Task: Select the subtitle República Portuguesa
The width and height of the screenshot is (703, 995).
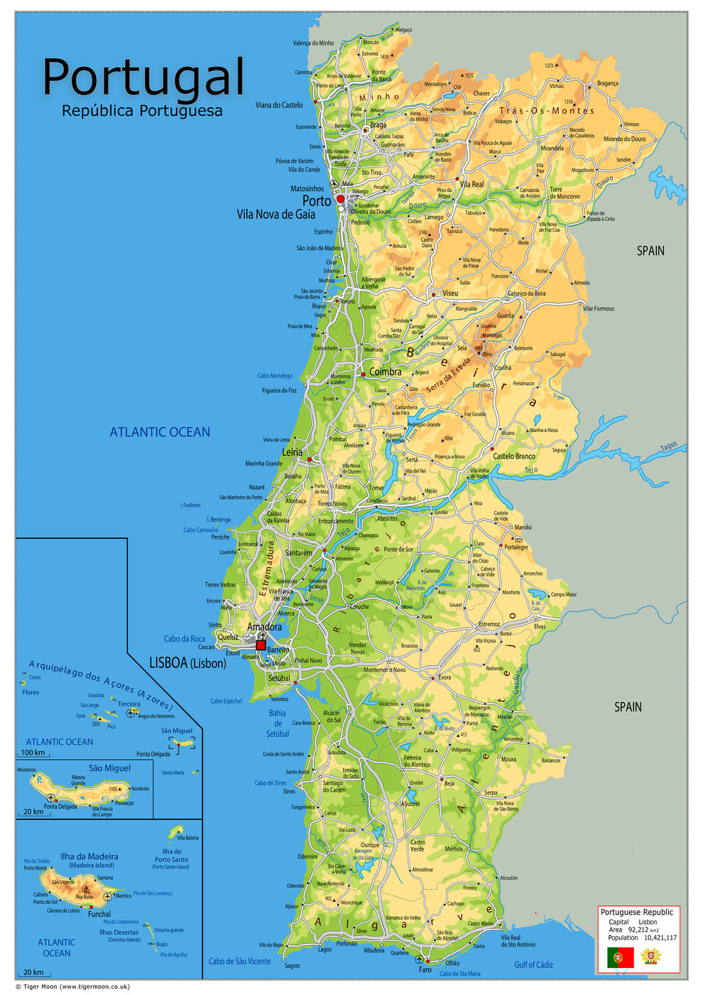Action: [142, 111]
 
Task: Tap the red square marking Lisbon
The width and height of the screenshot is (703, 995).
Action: [261, 645]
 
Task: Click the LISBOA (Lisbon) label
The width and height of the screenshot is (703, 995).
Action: [187, 663]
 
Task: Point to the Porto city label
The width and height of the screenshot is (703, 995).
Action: [317, 201]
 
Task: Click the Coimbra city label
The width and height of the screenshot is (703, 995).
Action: [385, 372]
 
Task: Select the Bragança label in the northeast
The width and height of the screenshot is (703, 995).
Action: [607, 83]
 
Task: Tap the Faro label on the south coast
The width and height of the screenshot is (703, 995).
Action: [425, 969]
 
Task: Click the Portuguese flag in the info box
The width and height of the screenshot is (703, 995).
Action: [620, 957]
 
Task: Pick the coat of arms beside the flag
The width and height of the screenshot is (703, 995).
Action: [650, 957]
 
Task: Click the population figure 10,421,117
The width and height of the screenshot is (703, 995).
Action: [660, 938]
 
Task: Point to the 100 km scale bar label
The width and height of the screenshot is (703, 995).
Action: [33, 753]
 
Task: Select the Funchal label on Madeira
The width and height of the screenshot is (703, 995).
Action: [99, 914]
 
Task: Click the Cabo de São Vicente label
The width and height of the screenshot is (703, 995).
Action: [239, 962]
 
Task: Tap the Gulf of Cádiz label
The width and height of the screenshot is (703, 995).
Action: [533, 964]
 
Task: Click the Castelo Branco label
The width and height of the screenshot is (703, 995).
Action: [514, 456]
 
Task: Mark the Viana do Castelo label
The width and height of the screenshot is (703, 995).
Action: [279, 105]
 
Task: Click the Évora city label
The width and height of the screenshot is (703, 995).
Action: [445, 677]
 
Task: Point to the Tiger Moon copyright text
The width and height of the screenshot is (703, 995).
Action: [72, 986]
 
